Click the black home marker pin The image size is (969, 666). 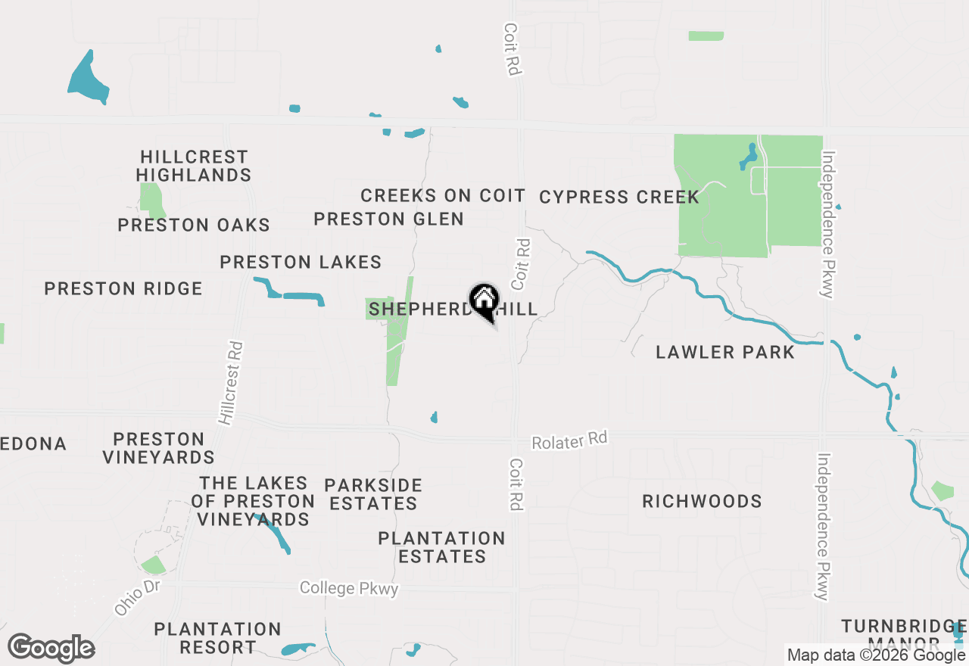click(x=484, y=300)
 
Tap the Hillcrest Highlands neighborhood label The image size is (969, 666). click(x=194, y=166)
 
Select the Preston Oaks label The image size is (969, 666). click(x=194, y=225)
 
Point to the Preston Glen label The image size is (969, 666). click(x=388, y=219)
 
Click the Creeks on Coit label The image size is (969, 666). click(x=443, y=195)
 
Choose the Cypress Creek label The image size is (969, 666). click(x=619, y=198)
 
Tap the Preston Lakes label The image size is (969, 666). click(x=301, y=263)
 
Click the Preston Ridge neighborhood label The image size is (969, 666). click(x=123, y=288)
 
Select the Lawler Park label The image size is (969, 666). click(x=725, y=352)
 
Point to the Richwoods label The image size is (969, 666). click(x=702, y=501)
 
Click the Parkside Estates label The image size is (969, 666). click(x=373, y=494)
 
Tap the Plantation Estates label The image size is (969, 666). click(x=442, y=547)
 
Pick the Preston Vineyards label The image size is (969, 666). click(x=159, y=448)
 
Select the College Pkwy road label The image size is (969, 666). click(x=349, y=588)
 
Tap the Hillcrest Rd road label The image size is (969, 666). click(x=232, y=382)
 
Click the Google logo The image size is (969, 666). click(x=51, y=649)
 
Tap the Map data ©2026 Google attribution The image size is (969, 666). click(x=876, y=655)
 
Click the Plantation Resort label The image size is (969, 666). click(x=217, y=638)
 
